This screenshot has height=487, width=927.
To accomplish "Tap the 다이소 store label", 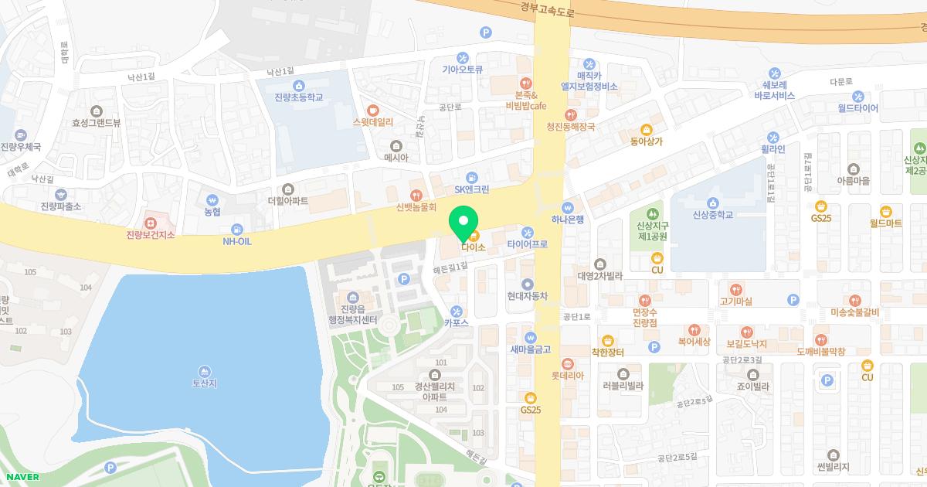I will pyautogui.click(x=473, y=247).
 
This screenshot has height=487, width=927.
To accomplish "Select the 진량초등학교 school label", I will pyautogui.click(x=298, y=97).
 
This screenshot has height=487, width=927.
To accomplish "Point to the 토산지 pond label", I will pyautogui.click(x=205, y=383).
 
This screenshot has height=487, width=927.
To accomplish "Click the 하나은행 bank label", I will pyautogui.click(x=568, y=220).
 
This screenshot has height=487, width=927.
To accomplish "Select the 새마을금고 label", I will pyautogui.click(x=530, y=349).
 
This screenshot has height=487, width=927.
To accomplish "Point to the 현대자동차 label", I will pyautogui.click(x=528, y=295).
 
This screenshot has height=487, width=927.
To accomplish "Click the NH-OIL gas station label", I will pyautogui.click(x=237, y=240).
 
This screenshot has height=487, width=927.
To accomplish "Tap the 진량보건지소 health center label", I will pyautogui.click(x=151, y=234).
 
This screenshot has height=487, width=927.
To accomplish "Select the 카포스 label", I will pyautogui.click(x=457, y=322).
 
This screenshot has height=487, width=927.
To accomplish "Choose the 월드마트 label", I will pyautogui.click(x=885, y=223).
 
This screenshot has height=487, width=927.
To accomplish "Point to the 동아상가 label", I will pyautogui.click(x=647, y=141).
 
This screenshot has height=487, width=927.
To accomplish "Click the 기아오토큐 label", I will pyautogui.click(x=462, y=69).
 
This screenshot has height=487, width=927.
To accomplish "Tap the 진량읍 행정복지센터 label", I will pyautogui.click(x=353, y=313).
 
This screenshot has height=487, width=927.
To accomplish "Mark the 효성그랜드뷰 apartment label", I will pyautogui.click(x=97, y=122).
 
